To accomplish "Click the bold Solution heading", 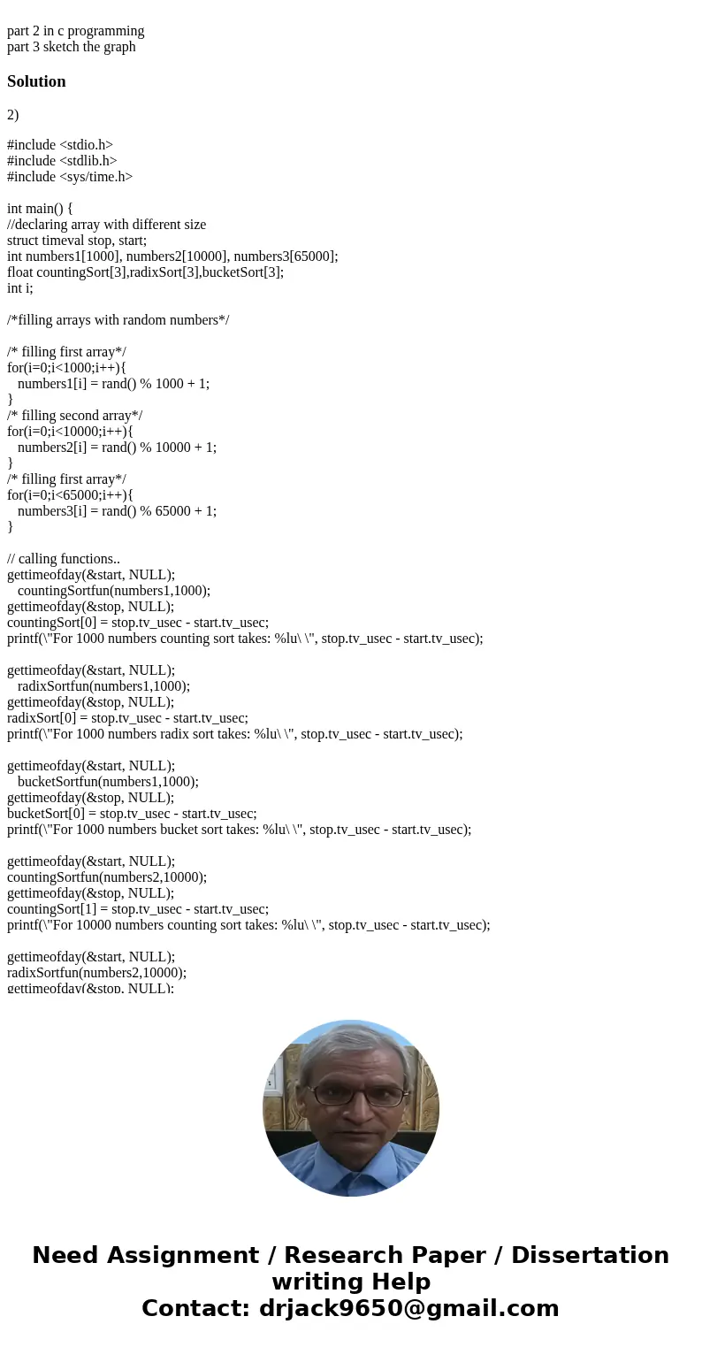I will [36, 81].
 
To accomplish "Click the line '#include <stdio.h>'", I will [60, 145].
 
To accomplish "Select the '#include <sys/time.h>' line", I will [70, 177].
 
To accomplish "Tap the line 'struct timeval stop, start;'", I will [77, 241].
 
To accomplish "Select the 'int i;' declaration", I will [19, 288].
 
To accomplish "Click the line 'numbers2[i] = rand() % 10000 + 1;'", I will [117, 448].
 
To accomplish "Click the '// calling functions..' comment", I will [64, 559].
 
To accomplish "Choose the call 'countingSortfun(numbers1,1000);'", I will [113, 591].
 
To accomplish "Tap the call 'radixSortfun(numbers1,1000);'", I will [103, 686].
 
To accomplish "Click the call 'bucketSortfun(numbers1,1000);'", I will [108, 782].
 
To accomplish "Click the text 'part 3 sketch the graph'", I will [72, 47].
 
